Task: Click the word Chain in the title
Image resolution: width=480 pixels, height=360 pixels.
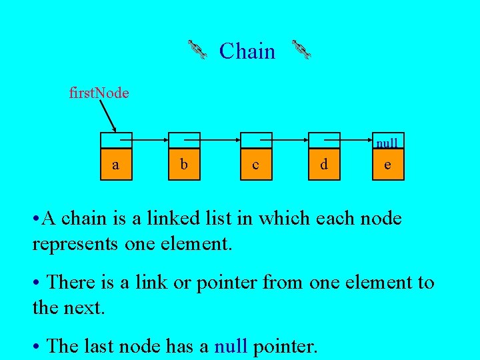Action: [x=247, y=51]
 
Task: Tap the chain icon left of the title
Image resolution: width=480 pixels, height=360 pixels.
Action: [x=197, y=50]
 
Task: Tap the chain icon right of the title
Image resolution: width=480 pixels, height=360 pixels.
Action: [x=301, y=50]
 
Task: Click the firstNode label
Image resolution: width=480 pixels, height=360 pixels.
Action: [x=99, y=93]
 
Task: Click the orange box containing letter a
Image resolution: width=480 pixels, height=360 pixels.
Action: [x=116, y=164]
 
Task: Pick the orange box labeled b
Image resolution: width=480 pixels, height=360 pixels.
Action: [x=183, y=164]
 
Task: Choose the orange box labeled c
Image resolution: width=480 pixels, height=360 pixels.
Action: [x=256, y=164]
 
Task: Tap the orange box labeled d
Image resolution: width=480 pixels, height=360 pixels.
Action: [x=323, y=164]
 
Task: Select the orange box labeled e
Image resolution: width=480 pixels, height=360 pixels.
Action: [x=388, y=164]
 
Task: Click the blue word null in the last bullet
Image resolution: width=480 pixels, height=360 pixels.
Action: [x=231, y=346]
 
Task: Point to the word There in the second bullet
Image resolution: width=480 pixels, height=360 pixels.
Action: [x=71, y=283]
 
